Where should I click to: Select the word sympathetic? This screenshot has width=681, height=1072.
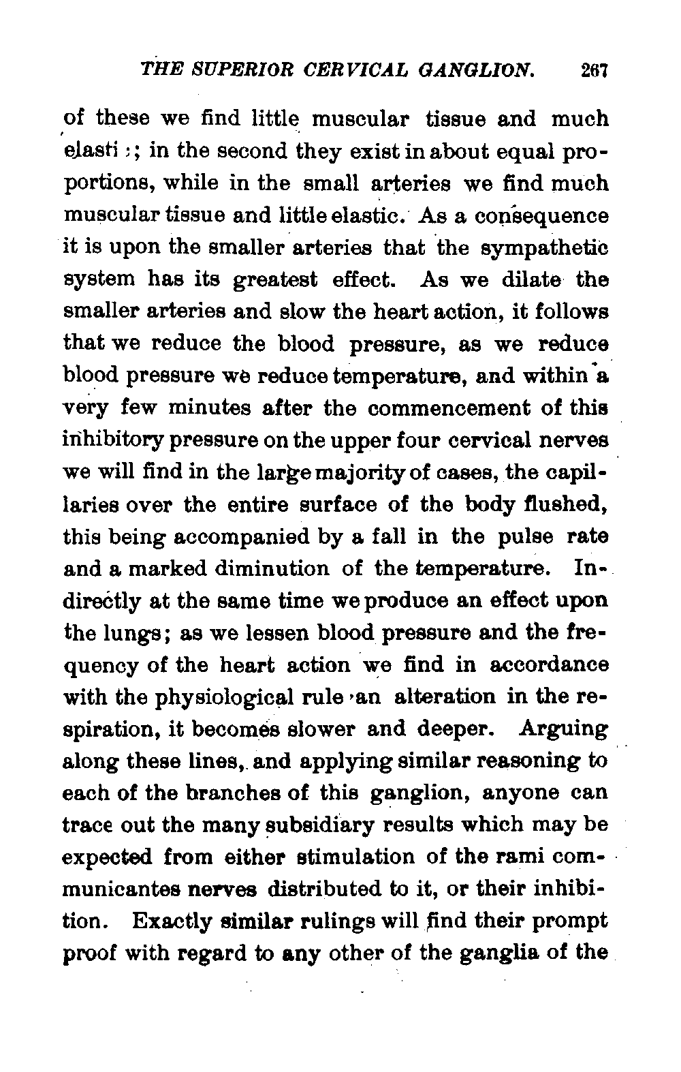coord(550,249)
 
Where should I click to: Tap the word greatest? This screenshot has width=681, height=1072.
coord(276,281)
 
